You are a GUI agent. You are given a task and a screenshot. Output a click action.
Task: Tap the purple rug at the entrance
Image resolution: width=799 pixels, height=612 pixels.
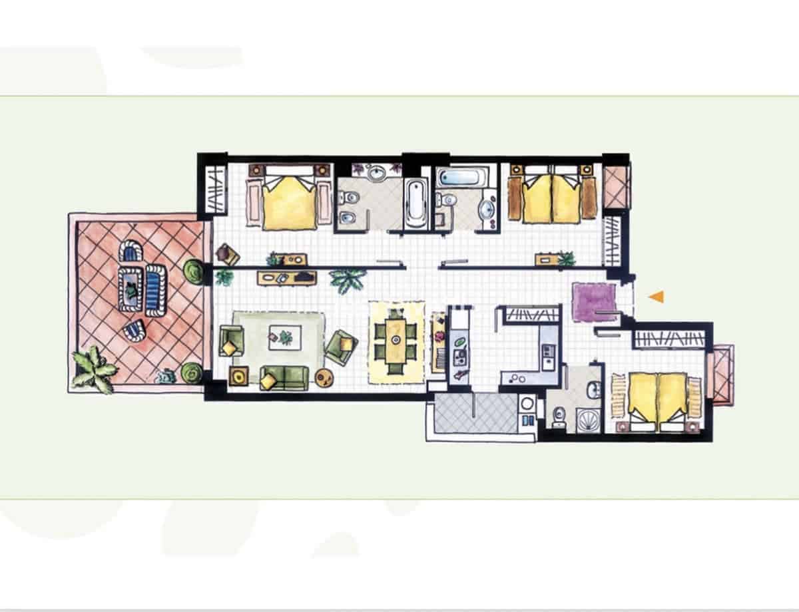[594, 301]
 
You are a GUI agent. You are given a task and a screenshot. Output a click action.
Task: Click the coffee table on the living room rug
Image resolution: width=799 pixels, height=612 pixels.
[284, 338]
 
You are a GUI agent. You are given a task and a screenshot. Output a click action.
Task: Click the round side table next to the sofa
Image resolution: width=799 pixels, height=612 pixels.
[325, 378]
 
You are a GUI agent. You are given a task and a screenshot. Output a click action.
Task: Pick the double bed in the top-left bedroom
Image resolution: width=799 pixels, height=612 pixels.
[289, 198]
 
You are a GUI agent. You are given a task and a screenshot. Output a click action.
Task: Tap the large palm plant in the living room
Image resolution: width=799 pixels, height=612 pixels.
[348, 279]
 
